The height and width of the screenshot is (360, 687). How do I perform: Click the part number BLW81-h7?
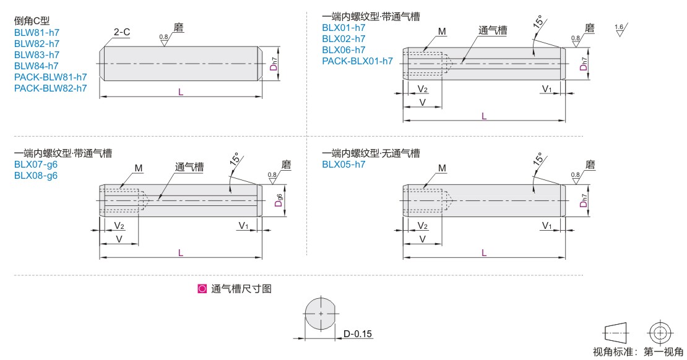tap(37, 32)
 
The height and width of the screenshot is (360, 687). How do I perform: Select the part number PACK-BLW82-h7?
tap(50, 88)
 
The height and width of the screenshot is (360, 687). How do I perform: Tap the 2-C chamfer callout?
tap(122, 32)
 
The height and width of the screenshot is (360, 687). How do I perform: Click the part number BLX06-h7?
tap(343, 50)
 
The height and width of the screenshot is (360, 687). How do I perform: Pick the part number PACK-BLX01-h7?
tap(358, 61)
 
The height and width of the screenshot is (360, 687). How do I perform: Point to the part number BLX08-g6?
tap(36, 176)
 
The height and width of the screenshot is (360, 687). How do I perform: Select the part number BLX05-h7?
tap(343, 165)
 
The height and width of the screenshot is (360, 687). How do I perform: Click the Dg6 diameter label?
tap(279, 200)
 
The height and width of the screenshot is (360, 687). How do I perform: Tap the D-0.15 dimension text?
tap(358, 334)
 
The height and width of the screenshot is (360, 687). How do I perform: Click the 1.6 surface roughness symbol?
tap(620, 30)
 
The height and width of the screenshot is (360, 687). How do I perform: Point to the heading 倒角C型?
tap(32, 20)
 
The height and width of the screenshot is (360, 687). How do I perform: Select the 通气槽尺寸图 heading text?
tap(241, 289)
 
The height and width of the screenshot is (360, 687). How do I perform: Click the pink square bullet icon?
tap(202, 289)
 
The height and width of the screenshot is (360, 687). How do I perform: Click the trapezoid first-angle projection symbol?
tap(616, 333)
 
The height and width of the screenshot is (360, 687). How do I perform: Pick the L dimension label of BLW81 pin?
tap(181, 92)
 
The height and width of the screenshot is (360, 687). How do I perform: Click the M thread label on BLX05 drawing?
tap(442, 168)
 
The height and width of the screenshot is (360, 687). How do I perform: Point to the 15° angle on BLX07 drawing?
tap(235, 158)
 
